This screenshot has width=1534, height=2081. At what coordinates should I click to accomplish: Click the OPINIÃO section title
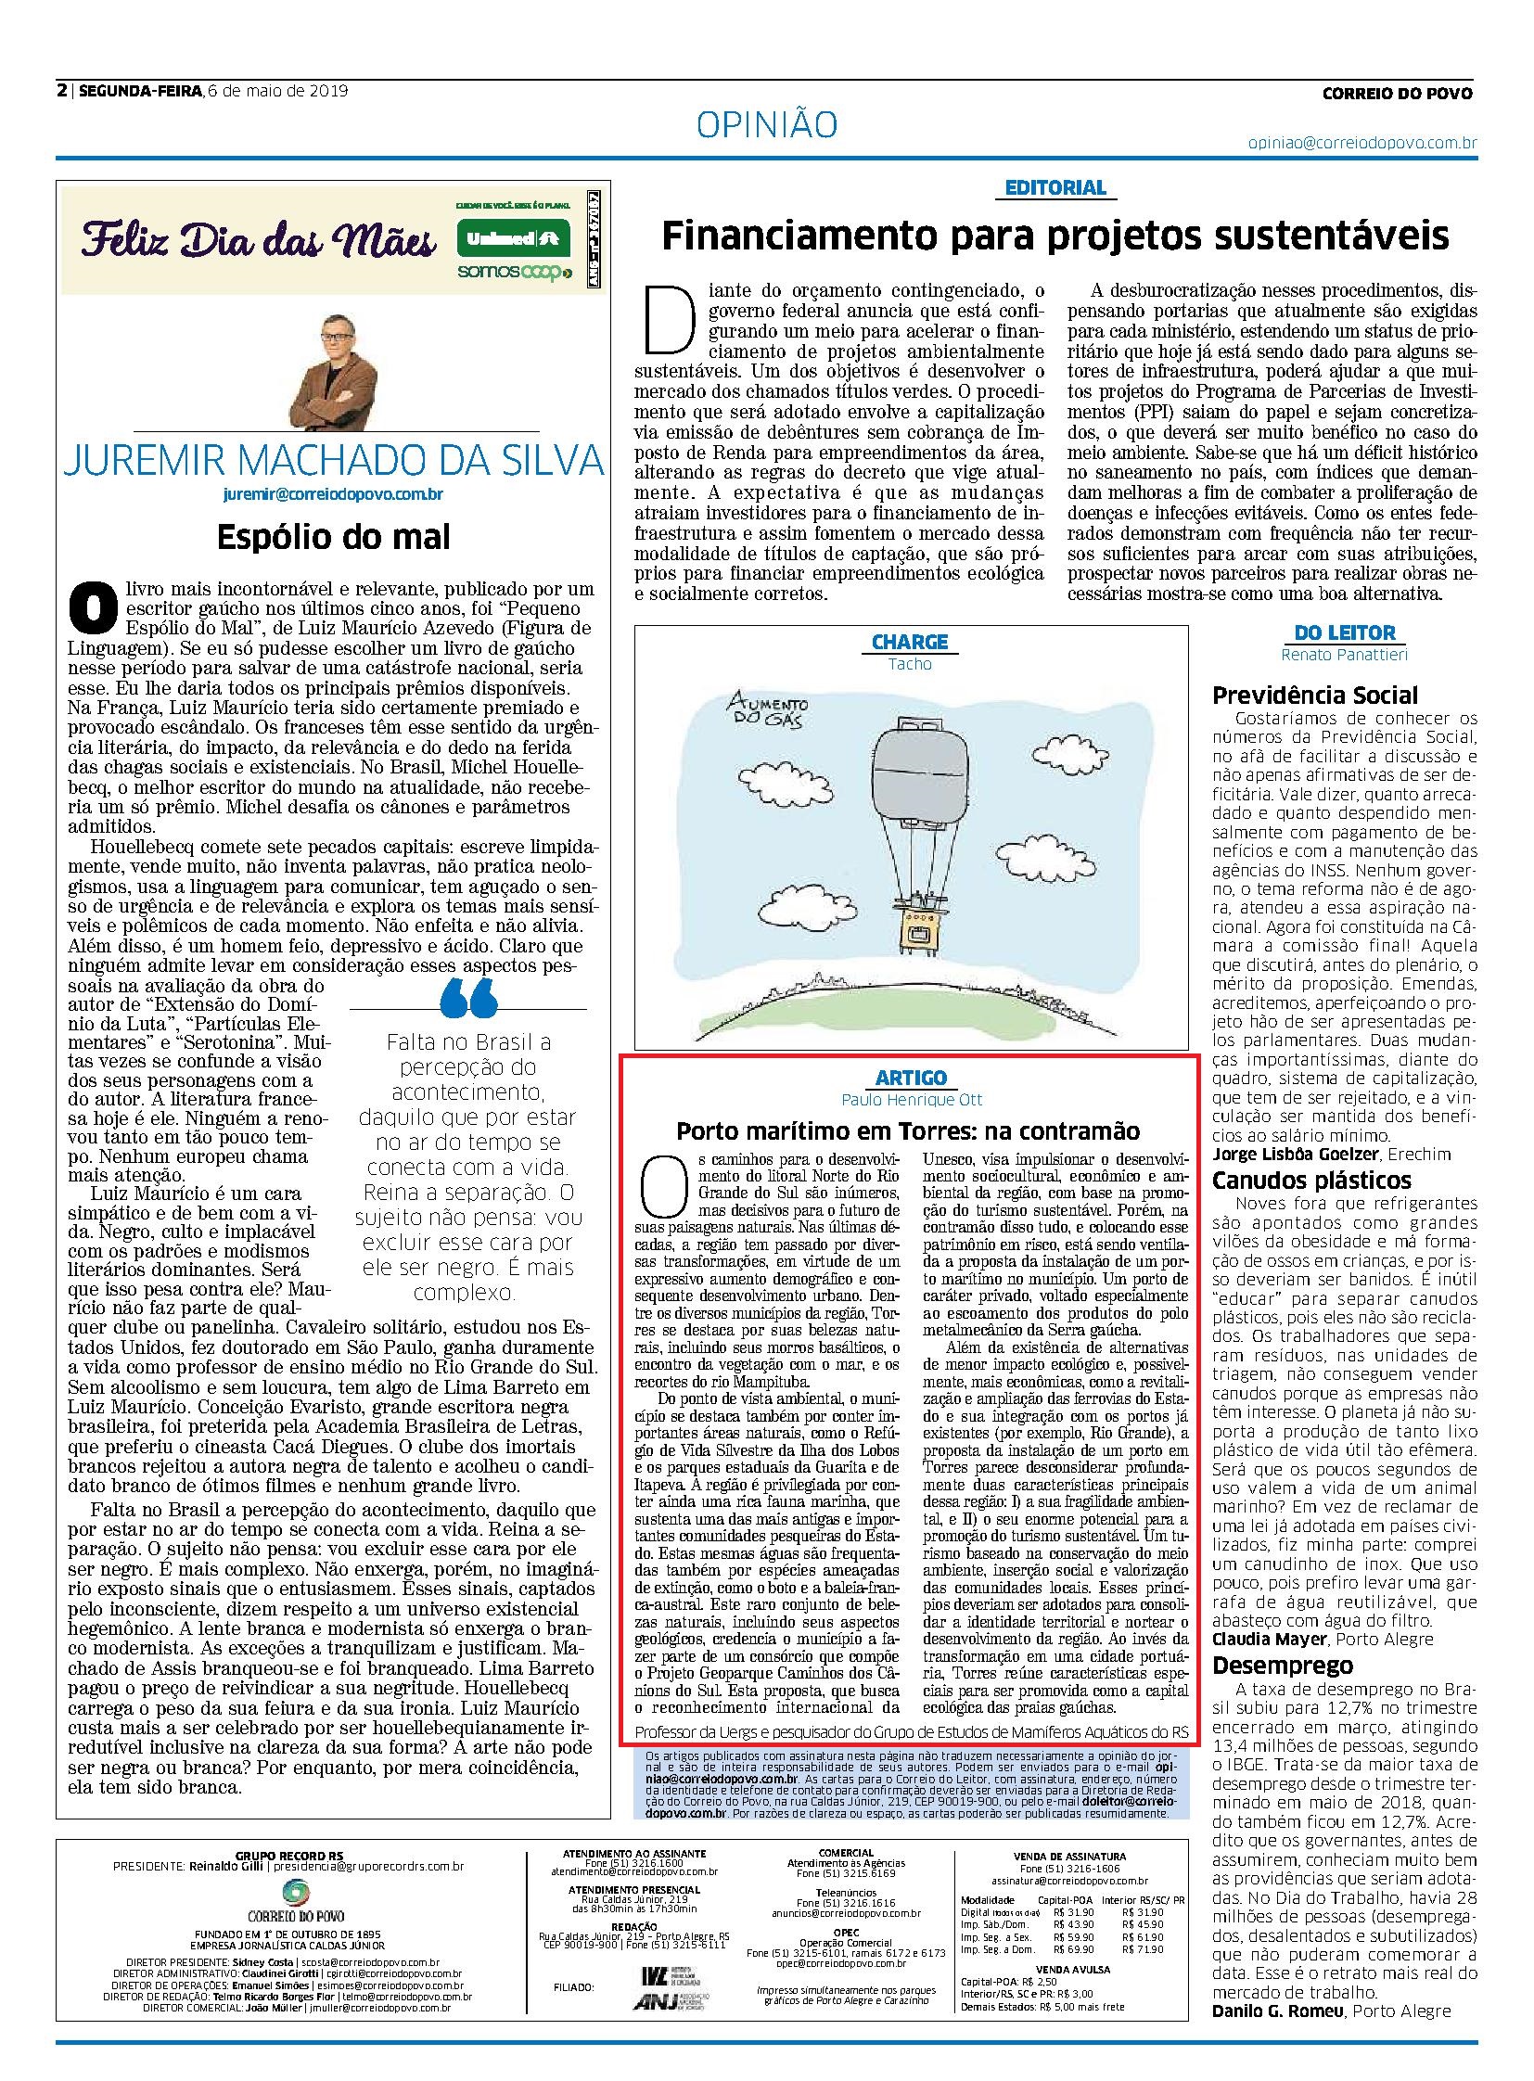coord(766,125)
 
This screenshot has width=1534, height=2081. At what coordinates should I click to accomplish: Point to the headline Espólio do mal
coord(333,536)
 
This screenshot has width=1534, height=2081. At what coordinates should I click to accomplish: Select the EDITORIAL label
coord(1055,187)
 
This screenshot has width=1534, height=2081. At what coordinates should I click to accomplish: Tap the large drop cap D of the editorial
coord(670,319)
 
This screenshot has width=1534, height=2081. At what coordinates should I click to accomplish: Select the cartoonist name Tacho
coord(909,664)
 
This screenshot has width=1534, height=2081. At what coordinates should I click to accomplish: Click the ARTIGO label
coord(911,1078)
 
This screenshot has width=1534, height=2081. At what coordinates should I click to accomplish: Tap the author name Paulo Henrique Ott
coord(911,1100)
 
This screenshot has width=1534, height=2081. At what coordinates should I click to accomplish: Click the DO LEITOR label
coord(1345,632)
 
